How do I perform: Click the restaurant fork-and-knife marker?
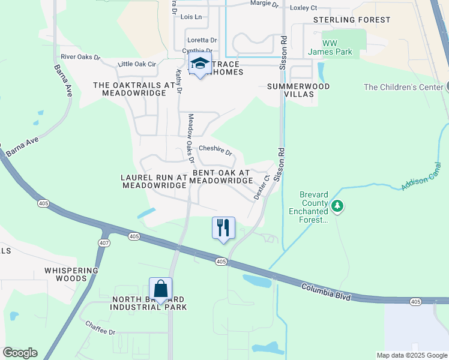click(223, 228)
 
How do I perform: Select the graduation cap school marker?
click(200, 64)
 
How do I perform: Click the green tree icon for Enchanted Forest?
click(337, 206)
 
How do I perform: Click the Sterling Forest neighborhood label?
click(352, 20)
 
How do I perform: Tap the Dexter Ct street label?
click(259, 188)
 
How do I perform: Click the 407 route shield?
click(104, 242)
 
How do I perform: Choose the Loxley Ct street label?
click(303, 8)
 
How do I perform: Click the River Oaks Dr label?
click(80, 58)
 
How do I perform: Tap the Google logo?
click(20, 353)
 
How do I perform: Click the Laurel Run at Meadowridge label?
click(154, 182)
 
